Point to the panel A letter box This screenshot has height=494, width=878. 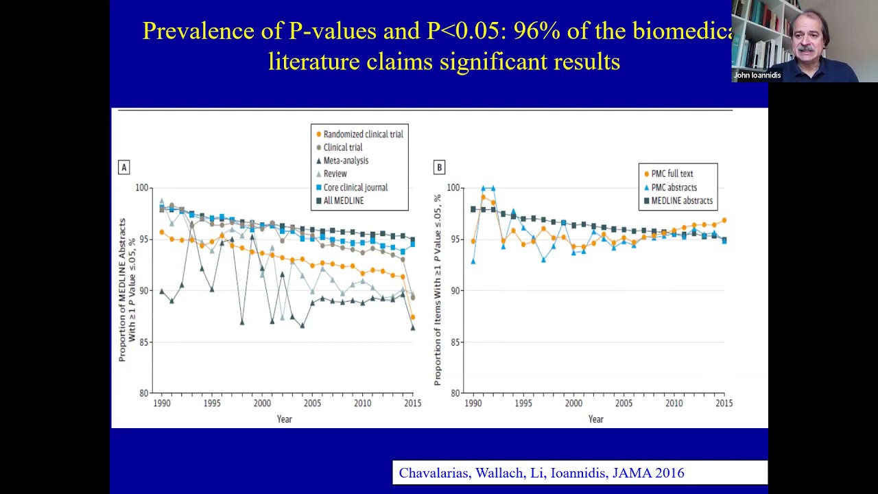click(124, 167)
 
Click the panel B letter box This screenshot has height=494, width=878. click(439, 167)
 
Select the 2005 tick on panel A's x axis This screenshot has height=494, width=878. click(312, 403)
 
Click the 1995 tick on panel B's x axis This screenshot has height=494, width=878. click(523, 403)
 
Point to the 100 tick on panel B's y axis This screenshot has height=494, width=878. click(453, 187)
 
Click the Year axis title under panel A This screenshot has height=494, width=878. click(284, 419)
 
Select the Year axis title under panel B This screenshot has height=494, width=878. click(595, 419)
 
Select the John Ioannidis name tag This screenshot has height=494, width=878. click(757, 75)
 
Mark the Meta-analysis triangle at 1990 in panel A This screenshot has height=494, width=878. click(162, 291)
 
